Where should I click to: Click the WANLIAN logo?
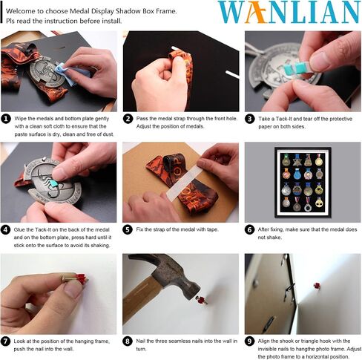(289, 12)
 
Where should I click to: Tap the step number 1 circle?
(6, 119)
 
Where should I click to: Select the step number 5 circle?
(128, 229)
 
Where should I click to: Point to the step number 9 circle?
(249, 341)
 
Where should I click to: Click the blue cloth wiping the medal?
(69, 73)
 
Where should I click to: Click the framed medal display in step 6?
(303, 183)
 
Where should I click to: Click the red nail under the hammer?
(202, 300)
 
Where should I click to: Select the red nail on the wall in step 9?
(317, 286)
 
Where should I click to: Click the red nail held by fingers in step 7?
(81, 278)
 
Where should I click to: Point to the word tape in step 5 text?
(212, 229)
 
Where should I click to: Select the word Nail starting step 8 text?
(140, 341)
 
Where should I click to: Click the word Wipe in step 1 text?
(20, 119)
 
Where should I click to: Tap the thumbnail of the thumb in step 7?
(73, 289)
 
